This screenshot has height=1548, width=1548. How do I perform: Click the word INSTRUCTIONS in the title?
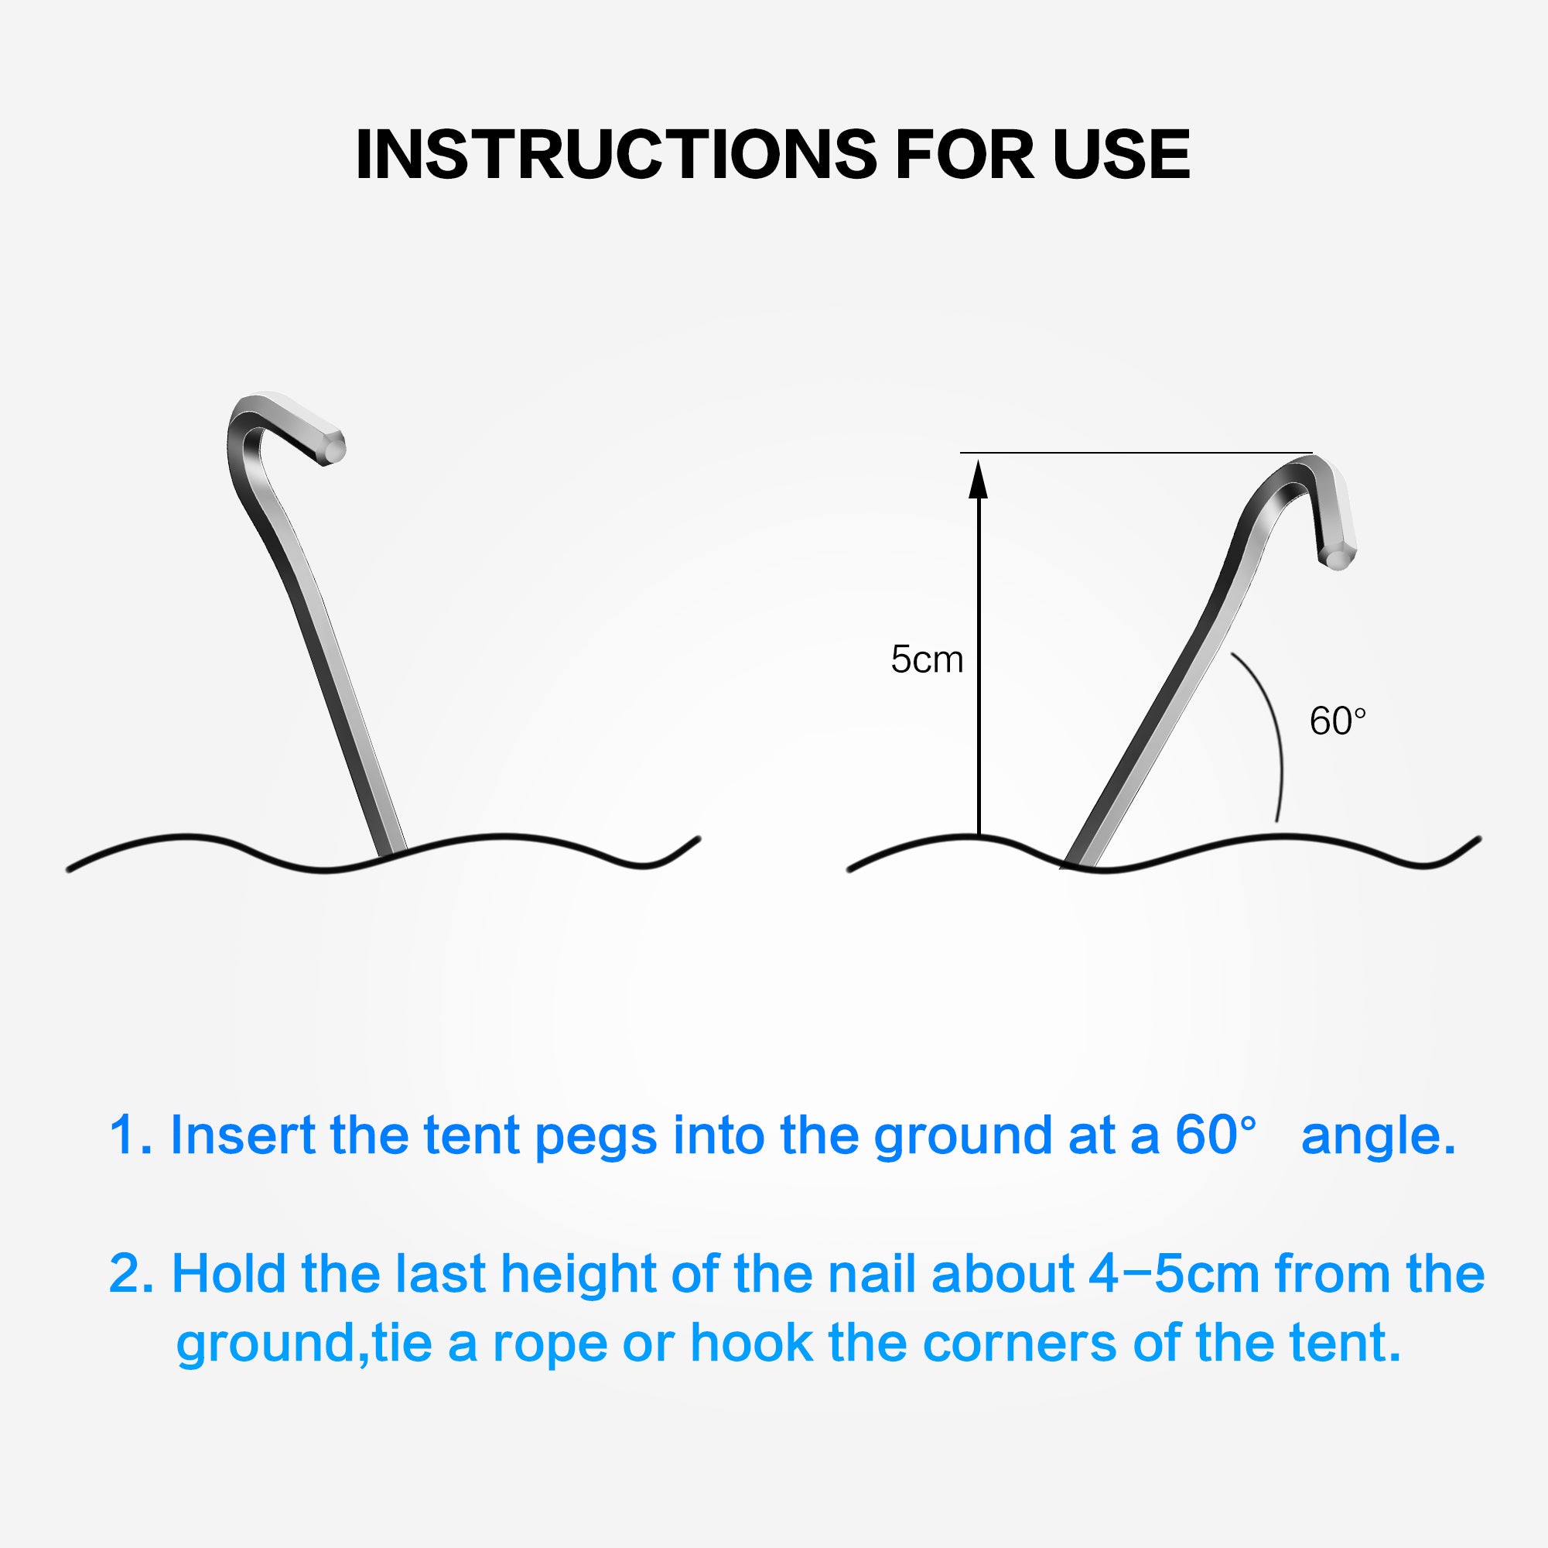[617, 154]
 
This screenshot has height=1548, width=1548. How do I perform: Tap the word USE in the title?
[1122, 154]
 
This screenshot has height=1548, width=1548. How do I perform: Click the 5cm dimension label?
[927, 659]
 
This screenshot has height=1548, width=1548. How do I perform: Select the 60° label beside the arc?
[1338, 721]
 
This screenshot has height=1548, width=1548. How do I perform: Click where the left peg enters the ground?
[390, 854]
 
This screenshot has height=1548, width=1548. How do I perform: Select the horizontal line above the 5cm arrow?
[1136, 453]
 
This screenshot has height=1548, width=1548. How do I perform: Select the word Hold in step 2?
[229, 1275]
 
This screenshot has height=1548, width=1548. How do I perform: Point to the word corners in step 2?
[1019, 1344]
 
